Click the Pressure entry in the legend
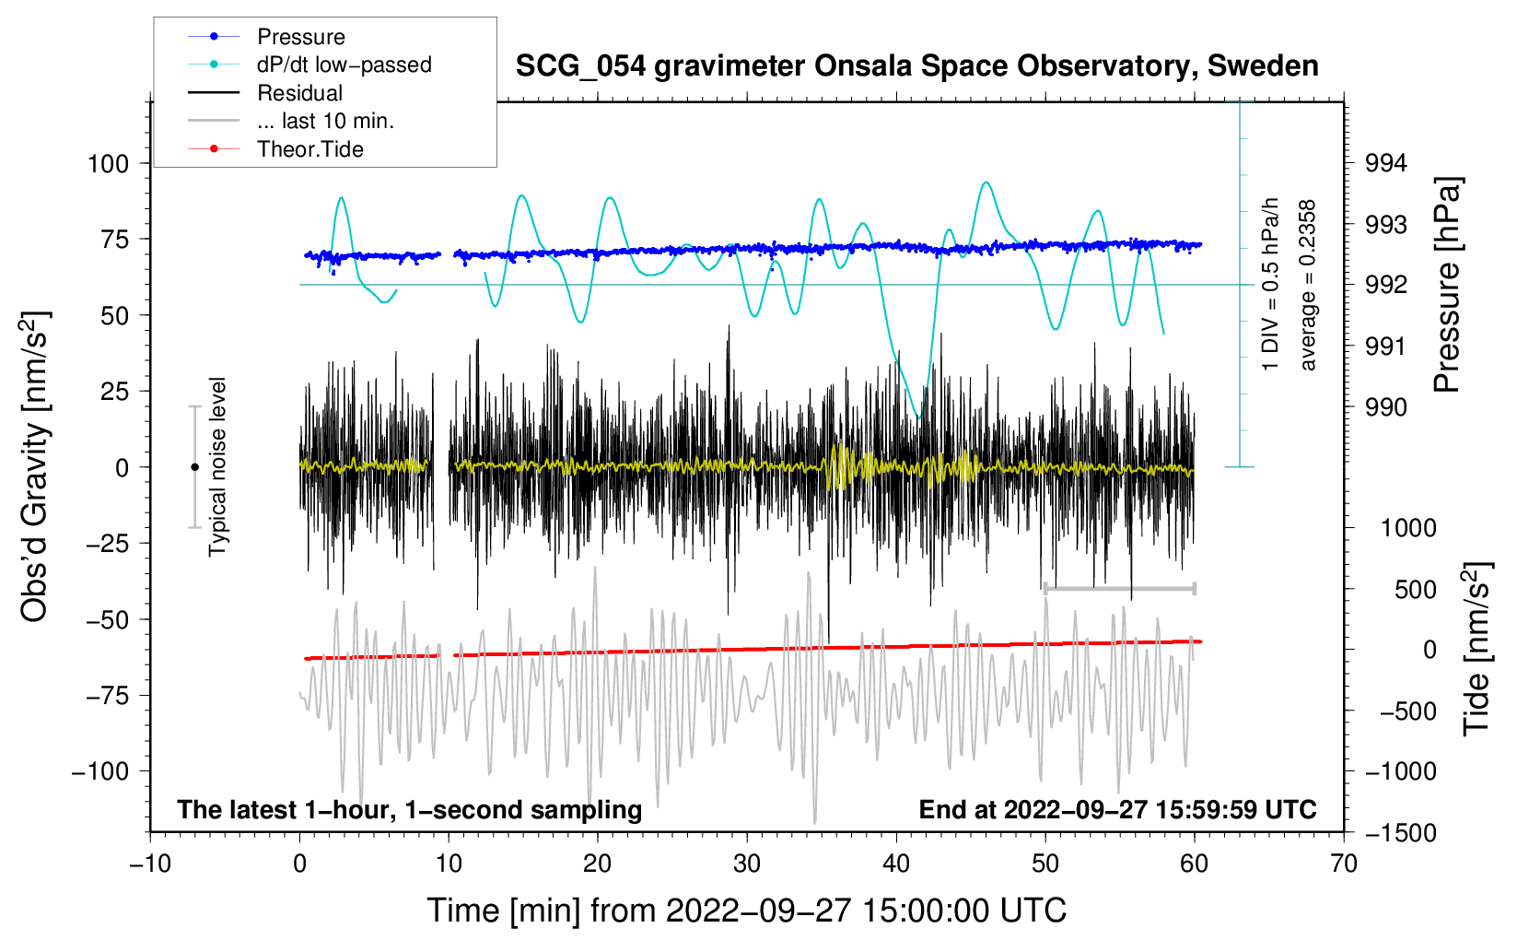pyautogui.click(x=300, y=37)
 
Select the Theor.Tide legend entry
pyautogui.click(x=309, y=149)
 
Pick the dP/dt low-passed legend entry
pyautogui.click(x=344, y=65)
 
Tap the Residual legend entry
pyautogui.click(x=299, y=93)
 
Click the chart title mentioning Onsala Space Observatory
pyautogui.click(x=916, y=66)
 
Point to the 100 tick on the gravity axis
pyautogui.click(x=108, y=164)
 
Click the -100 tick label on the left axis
pyautogui.click(x=100, y=771)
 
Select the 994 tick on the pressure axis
pyautogui.click(x=1386, y=164)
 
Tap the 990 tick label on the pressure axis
pyautogui.click(x=1386, y=407)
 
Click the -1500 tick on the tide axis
pyautogui.click(x=1401, y=833)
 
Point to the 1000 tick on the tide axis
pyautogui.click(x=1408, y=528)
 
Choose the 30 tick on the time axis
pyautogui.click(x=747, y=864)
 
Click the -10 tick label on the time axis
pyautogui.click(x=150, y=864)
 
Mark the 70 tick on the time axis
pyautogui.click(x=1344, y=864)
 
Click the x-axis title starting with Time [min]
pyautogui.click(x=747, y=911)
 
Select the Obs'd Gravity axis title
pyautogui.click(x=35, y=466)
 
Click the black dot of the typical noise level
pyautogui.click(x=194, y=467)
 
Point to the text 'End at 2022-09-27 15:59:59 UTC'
pyautogui.click(x=1117, y=809)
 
